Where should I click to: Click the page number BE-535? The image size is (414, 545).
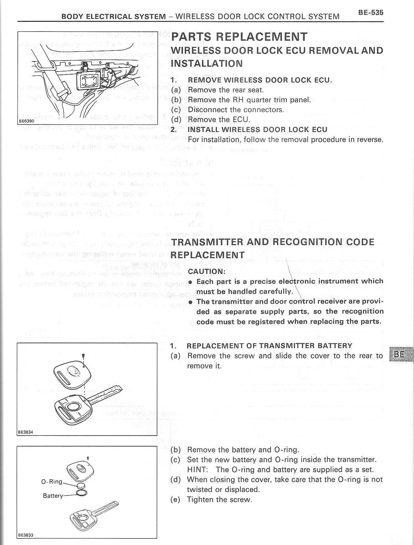[371, 13]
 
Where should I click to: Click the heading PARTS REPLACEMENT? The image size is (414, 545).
[239, 37]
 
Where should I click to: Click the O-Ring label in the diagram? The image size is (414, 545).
[52, 482]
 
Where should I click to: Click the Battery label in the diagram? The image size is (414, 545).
[53, 495]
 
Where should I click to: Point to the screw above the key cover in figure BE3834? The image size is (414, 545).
[83, 356]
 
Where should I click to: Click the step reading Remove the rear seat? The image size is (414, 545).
[226, 90]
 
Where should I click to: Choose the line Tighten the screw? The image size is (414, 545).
[219, 500]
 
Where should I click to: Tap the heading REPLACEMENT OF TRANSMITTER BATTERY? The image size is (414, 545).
[269, 345]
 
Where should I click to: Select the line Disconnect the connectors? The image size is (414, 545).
[236, 110]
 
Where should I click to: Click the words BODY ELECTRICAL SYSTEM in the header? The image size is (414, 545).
[114, 16]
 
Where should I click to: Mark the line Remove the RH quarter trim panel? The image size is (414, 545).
[249, 100]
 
